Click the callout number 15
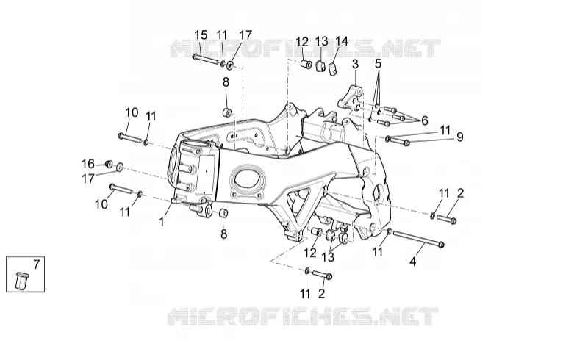tap(201, 35)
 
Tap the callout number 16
tap(88, 164)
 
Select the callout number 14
tap(342, 41)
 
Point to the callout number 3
tap(355, 65)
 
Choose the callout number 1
tap(162, 223)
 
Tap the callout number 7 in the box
tap(36, 264)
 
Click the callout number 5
tap(378, 64)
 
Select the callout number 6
tap(425, 120)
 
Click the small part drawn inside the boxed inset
tap(21, 281)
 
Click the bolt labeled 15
tap(207, 60)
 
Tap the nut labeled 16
tap(109, 164)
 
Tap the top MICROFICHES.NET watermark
tap(306, 48)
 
